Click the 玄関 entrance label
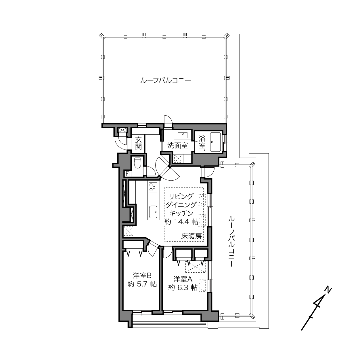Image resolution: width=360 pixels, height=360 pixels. [x=138, y=143]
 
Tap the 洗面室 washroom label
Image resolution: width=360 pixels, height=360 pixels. [x=177, y=145]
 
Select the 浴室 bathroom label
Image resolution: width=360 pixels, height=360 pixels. [x=202, y=142]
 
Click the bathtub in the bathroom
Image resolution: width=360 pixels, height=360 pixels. [x=216, y=142]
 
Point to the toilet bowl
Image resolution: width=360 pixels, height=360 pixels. [x=138, y=162]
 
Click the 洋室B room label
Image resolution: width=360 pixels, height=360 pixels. [x=142, y=275]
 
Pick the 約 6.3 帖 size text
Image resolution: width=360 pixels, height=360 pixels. [x=183, y=288]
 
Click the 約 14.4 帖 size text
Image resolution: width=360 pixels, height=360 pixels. [x=181, y=222]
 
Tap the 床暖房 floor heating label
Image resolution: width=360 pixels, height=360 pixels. [x=191, y=237]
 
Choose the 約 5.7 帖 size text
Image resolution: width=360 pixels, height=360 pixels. [x=142, y=284]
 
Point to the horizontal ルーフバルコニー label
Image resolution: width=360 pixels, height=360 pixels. [x=166, y=81]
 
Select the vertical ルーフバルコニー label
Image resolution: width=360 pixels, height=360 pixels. [x=232, y=241]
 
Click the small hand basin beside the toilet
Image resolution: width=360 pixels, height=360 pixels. [x=128, y=174]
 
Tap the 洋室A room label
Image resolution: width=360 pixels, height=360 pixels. [x=183, y=279]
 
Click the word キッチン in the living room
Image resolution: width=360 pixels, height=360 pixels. [x=181, y=213]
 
